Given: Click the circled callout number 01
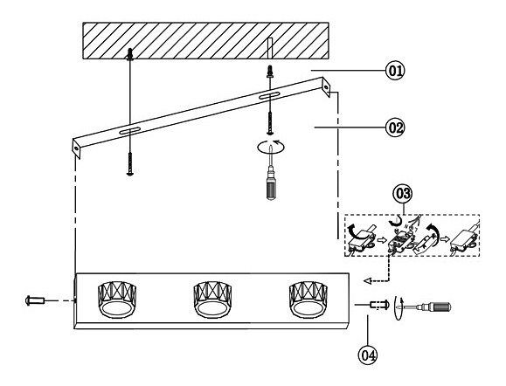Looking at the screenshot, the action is (x=395, y=70).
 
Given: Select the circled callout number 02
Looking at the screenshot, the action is (x=395, y=128).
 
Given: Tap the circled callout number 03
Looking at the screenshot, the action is (x=403, y=194).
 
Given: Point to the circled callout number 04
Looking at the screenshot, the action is (x=368, y=355).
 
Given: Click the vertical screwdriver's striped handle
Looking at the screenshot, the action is (x=271, y=189).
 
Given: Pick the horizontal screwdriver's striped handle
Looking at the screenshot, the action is (x=440, y=307).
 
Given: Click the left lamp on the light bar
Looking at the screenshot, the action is (x=117, y=300).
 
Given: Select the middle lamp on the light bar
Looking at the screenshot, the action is (x=212, y=300).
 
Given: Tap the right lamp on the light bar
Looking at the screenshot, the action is (x=308, y=300).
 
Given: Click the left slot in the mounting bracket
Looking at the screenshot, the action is (x=129, y=131).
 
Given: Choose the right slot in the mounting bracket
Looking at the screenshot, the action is (x=269, y=95).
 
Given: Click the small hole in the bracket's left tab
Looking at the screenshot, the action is (x=77, y=148).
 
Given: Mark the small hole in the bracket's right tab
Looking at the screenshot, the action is (x=327, y=87).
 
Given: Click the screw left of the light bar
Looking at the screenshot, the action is (x=34, y=300).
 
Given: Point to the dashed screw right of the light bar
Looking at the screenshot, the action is (x=379, y=305).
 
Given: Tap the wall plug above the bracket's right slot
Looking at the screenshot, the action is (x=269, y=72).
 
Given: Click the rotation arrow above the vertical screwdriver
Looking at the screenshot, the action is (x=271, y=147).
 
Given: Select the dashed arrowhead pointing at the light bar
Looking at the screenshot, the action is (x=367, y=281).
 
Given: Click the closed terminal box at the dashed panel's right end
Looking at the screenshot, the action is (x=462, y=240).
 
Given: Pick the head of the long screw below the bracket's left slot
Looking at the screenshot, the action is (x=129, y=174).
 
